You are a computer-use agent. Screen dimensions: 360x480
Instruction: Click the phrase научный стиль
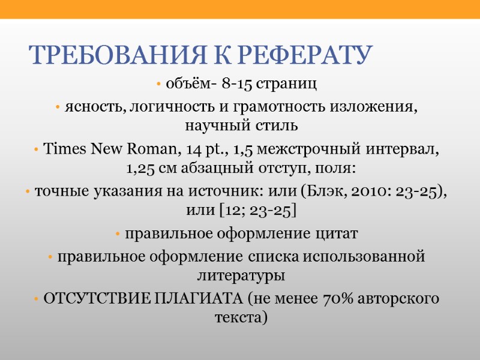241,126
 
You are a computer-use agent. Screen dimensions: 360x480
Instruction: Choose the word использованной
370,257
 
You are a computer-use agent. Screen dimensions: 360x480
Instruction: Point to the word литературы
241,275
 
